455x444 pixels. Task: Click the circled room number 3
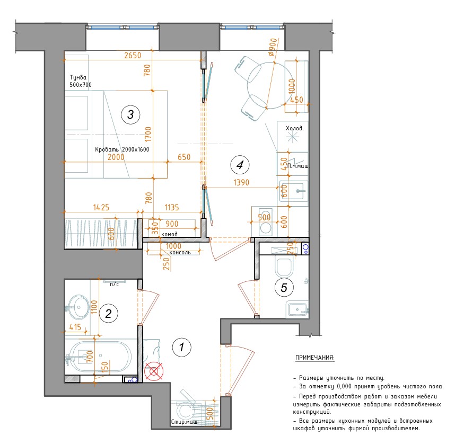pyautogui.click(x=130, y=114)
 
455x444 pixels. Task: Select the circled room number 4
pyautogui.click(x=240, y=165)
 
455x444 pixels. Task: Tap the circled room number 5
pyautogui.click(x=284, y=288)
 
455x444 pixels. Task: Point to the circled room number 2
pyautogui.click(x=108, y=314)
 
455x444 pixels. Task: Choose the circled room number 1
pyautogui.click(x=182, y=347)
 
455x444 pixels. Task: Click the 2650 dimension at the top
pyautogui.click(x=133, y=55)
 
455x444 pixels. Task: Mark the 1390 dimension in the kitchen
pyautogui.click(x=241, y=182)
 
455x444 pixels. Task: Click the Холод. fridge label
pyautogui.click(x=294, y=128)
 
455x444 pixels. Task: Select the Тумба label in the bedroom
pyautogui.click(x=78, y=77)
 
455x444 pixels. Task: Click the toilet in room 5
pyautogui.click(x=283, y=266)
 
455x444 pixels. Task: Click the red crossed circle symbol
pyautogui.click(x=154, y=371)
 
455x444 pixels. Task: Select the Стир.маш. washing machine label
pyautogui.click(x=185, y=422)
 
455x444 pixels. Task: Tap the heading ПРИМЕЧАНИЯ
pyautogui.click(x=315, y=358)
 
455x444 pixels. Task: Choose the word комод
pyautogui.click(x=169, y=234)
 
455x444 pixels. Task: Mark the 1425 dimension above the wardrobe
pyautogui.click(x=101, y=207)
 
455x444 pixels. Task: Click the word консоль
pyautogui.click(x=180, y=252)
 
